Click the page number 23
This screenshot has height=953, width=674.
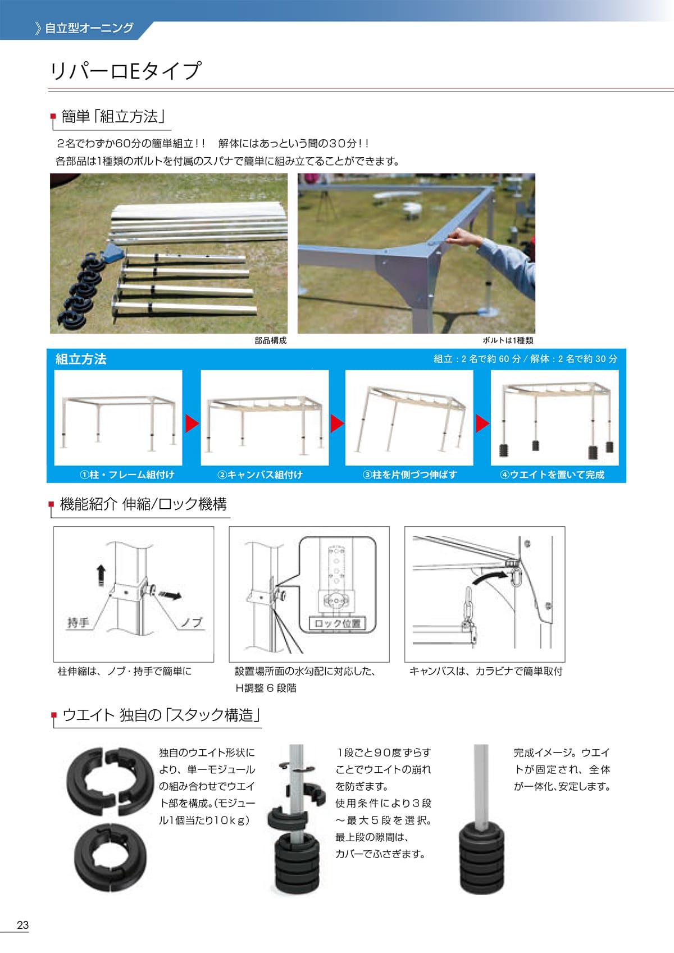(22, 925)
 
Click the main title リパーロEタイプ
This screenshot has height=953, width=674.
(125, 71)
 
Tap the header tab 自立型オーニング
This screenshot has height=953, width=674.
(89, 28)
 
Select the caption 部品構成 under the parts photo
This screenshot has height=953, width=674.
(270, 340)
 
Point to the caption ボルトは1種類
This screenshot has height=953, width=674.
(508, 340)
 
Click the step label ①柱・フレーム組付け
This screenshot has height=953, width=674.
(127, 475)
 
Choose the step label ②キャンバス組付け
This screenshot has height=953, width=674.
(260, 475)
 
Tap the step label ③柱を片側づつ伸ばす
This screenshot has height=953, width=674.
(410, 475)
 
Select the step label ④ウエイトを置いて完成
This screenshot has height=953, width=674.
(552, 475)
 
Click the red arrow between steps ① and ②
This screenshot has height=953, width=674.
(192, 423)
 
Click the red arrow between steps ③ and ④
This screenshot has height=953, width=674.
(482, 423)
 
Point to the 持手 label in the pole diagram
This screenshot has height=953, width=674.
(78, 622)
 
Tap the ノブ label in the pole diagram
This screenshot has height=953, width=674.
(192, 622)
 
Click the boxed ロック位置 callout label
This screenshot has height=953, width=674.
(337, 623)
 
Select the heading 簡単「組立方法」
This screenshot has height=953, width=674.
(112, 116)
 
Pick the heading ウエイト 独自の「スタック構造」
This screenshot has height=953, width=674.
(161, 715)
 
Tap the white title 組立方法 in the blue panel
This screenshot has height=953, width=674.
(81, 359)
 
